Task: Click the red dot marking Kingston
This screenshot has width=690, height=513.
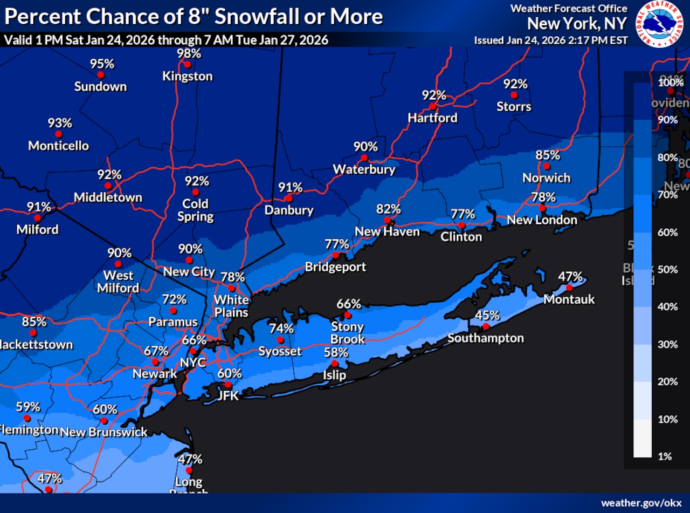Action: pos(187,64)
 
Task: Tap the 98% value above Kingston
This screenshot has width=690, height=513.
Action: pos(189,53)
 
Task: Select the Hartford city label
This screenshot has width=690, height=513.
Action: pos(432,118)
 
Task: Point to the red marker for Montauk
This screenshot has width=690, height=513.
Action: pos(569,288)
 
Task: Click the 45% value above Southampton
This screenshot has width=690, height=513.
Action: pos(487,316)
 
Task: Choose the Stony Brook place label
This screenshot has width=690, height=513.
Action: pos(348,333)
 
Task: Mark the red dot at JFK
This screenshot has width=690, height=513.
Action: pos(228,385)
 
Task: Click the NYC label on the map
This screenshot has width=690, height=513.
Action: pos(193,362)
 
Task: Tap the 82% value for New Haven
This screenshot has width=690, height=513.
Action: pos(389,209)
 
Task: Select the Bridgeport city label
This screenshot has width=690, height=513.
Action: pos(335,266)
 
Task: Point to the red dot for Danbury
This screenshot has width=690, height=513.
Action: pos(289,198)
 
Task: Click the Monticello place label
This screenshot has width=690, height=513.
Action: pos(58,146)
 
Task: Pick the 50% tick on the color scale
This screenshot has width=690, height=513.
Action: pos(667,270)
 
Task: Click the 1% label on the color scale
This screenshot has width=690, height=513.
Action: pos(665,456)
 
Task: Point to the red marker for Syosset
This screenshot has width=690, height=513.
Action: pos(280,340)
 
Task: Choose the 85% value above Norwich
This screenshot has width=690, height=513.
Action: pos(548,155)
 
